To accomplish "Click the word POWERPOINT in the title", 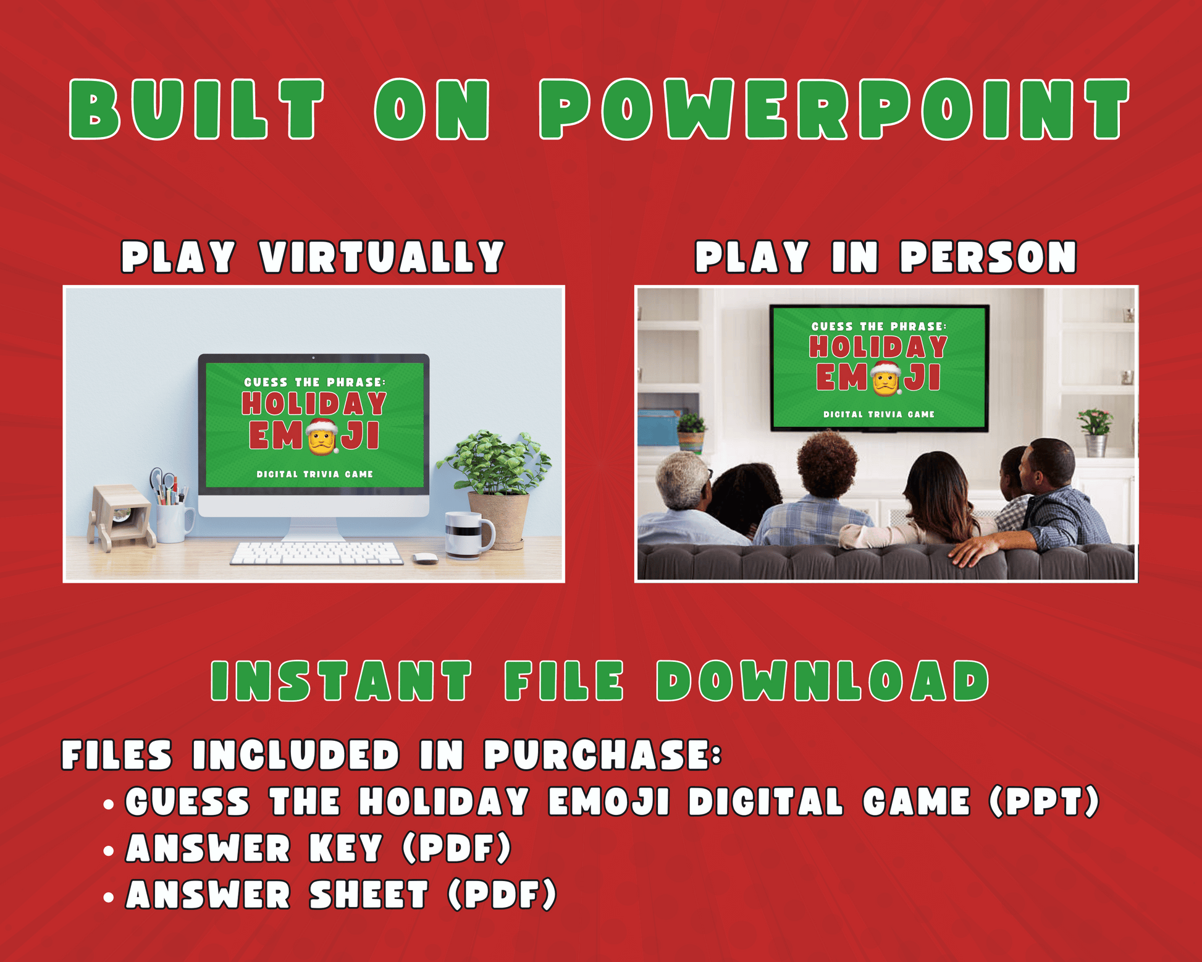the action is (x=834, y=109).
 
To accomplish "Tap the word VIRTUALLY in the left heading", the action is (x=382, y=257).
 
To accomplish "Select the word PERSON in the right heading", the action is (x=988, y=257).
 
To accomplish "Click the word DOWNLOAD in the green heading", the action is (x=823, y=681).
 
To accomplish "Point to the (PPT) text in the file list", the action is (x=1044, y=801).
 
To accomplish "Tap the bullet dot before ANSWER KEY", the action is (x=109, y=851).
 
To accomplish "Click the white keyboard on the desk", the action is (x=316, y=553).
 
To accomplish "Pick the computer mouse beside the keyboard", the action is (x=425, y=558).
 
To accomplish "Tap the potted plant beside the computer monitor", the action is (x=495, y=488).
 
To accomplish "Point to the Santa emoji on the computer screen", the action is (x=322, y=436).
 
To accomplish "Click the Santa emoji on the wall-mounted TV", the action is (x=886, y=378).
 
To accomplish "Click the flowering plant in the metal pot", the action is (x=1095, y=432).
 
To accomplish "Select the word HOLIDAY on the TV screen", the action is (x=878, y=347).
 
